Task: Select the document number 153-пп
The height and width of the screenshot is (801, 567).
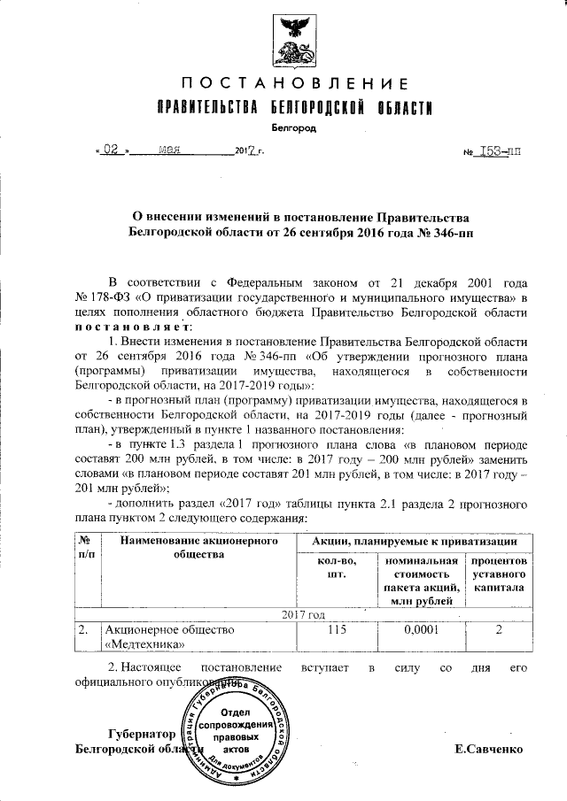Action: (501, 151)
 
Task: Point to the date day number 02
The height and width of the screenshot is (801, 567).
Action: (110, 150)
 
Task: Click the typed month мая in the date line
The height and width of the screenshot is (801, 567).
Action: (168, 150)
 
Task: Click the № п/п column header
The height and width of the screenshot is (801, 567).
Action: (86, 547)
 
